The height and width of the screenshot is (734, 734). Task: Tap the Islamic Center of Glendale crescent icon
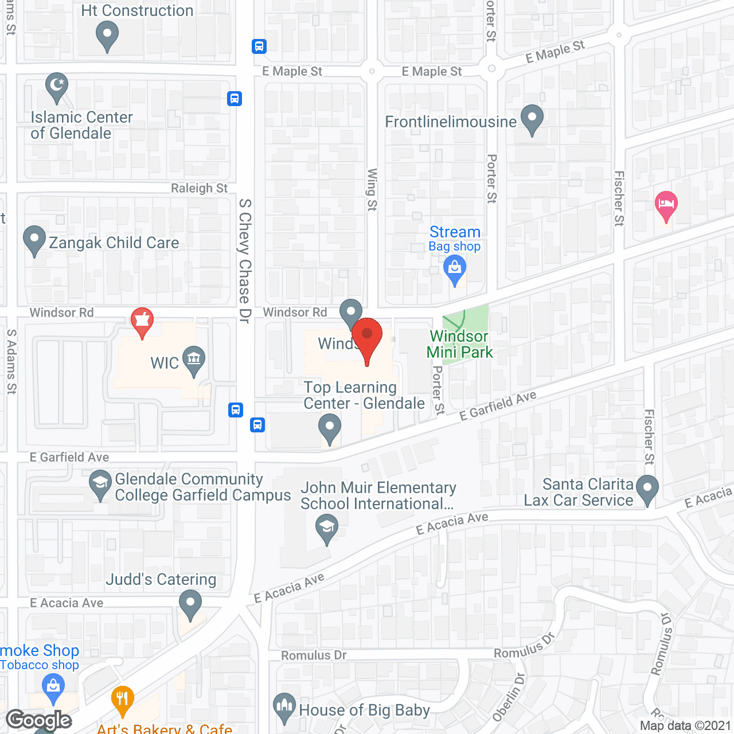[x=57, y=87]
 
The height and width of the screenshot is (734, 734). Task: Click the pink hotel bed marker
[x=666, y=205]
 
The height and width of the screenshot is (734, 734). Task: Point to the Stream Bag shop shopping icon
[x=455, y=269]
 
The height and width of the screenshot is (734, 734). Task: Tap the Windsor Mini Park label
[x=459, y=344]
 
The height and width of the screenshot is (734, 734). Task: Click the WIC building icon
[x=194, y=360]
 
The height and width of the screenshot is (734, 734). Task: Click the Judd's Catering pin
[x=190, y=603]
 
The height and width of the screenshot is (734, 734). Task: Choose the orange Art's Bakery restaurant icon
[x=122, y=698]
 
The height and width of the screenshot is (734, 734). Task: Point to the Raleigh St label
[x=199, y=188]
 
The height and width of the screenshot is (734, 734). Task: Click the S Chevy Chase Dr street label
[x=245, y=261]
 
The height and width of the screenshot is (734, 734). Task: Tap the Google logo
[x=39, y=720]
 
